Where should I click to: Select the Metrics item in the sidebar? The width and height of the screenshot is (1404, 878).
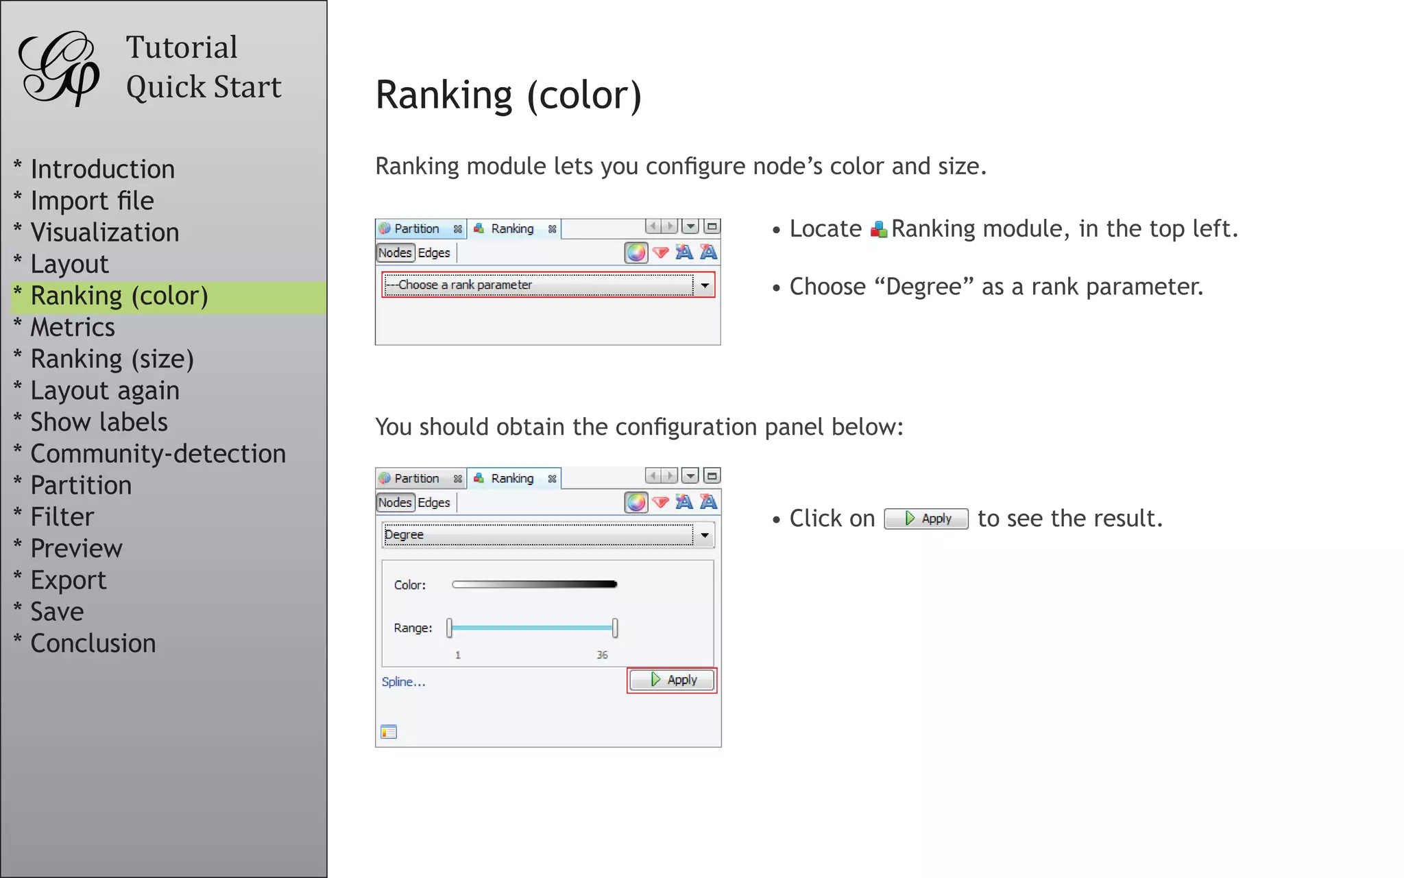tap(73, 327)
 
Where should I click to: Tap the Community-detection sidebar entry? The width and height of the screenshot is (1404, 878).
tap(158, 453)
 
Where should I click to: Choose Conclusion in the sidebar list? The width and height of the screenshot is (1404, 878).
tap(93, 643)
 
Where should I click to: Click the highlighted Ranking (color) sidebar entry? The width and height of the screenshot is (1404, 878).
tap(119, 296)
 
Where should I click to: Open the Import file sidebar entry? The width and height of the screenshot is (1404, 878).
tap(92, 201)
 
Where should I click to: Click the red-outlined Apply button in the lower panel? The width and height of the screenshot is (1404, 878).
tap(672, 680)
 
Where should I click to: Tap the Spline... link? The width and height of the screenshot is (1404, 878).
tap(403, 682)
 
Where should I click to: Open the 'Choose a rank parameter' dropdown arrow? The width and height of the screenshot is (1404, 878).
tap(705, 285)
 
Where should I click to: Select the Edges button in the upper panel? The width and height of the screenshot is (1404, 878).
tap(434, 253)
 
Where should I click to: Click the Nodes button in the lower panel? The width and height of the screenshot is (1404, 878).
tap(395, 503)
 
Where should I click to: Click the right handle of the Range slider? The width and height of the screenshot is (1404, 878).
tap(615, 628)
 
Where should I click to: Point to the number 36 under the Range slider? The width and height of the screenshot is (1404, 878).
tap(602, 655)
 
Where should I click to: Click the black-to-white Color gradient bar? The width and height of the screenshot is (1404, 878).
tap(535, 584)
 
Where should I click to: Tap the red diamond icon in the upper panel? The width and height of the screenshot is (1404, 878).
tap(661, 252)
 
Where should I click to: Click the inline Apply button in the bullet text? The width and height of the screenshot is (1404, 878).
tap(926, 519)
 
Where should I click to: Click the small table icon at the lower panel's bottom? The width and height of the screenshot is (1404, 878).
tap(389, 732)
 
